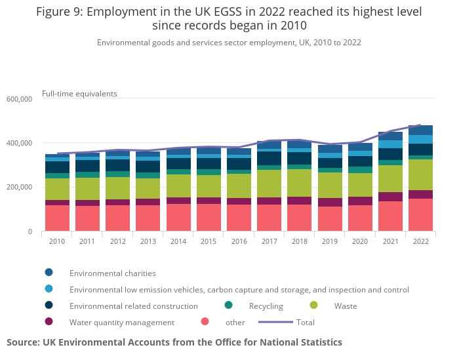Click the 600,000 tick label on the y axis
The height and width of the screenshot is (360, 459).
pyautogui.click(x=18, y=99)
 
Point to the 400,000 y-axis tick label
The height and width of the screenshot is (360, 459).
pyautogui.click(x=18, y=143)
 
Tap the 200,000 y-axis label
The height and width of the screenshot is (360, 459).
pyautogui.click(x=18, y=188)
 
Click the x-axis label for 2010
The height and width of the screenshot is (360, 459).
pyautogui.click(x=57, y=241)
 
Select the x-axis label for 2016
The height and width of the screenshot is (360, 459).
pyautogui.click(x=239, y=241)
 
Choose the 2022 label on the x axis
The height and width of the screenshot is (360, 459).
pyautogui.click(x=420, y=241)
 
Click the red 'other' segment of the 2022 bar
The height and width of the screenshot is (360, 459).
pyautogui.click(x=420, y=215)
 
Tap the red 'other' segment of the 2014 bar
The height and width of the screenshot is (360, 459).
pyautogui.click(x=178, y=218)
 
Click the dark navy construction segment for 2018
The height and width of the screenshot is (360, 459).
pyautogui.click(x=299, y=158)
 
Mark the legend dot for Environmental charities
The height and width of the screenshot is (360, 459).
pyautogui.click(x=49, y=273)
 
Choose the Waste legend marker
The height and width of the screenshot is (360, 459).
pyautogui.click(x=313, y=306)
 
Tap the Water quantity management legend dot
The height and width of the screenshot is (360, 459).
pyautogui.click(x=49, y=322)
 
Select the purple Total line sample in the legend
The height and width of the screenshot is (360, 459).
pyautogui.click(x=275, y=322)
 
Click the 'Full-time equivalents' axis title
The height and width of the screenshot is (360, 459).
pyautogui.click(x=79, y=93)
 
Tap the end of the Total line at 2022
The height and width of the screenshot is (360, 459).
pyautogui.click(x=420, y=125)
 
